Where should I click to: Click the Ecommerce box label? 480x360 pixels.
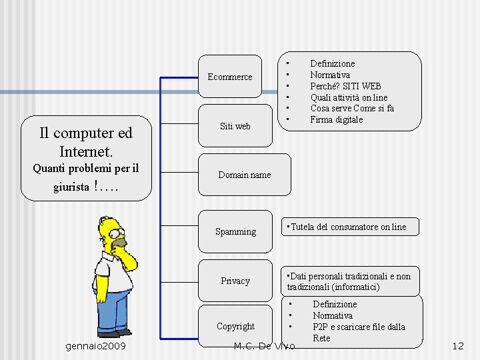click(230, 77)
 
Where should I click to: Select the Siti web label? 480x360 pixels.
click(235, 126)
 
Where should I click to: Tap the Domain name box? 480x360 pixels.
click(245, 175)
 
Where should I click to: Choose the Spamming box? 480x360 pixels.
click(235, 231)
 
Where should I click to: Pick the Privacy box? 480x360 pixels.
click(235, 281)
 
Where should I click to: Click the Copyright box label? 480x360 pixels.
click(235, 326)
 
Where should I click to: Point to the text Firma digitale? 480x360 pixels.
click(337, 120)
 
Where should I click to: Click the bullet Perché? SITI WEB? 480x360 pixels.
click(345, 86)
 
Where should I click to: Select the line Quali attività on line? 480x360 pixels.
click(349, 97)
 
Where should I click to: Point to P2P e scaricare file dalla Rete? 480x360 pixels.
click(359, 332)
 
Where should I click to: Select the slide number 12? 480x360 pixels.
click(457, 346)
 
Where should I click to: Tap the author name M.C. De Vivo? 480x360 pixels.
click(265, 346)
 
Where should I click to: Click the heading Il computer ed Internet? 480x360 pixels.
click(86, 141)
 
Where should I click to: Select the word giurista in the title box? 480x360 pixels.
click(71, 187)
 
